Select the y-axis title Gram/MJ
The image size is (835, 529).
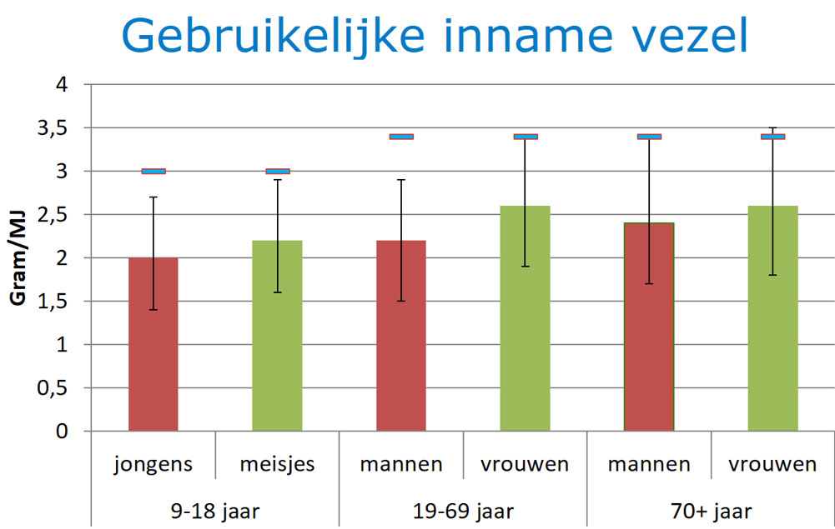tap(18, 258)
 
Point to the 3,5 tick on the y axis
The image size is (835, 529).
tap(53, 128)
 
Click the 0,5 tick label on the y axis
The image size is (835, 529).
tap(53, 388)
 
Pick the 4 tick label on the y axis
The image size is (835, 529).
tap(63, 84)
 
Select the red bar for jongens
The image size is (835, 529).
tap(153, 344)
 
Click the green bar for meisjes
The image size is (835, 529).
tap(278, 336)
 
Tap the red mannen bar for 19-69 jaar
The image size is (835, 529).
tap(401, 336)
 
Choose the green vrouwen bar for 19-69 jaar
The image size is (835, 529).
tap(525, 318)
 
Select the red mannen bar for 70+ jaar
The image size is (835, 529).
tap(649, 327)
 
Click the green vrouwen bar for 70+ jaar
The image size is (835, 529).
tap(772, 318)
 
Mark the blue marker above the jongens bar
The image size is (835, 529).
tap(153, 171)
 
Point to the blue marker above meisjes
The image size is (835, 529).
tap(278, 171)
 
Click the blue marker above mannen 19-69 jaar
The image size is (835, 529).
tap(401, 137)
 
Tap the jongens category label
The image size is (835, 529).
tap(153, 465)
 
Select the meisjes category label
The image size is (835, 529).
tap(278, 464)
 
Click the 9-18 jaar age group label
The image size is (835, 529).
tap(216, 512)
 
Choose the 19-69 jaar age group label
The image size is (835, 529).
tap(463, 512)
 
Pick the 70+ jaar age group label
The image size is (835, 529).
tap(711, 512)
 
